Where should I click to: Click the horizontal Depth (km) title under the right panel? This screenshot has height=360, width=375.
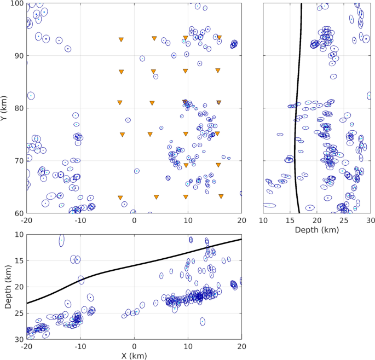(x=317, y=230)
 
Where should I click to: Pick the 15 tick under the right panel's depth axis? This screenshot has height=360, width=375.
(x=290, y=220)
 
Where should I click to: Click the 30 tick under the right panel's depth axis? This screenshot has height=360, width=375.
(x=371, y=220)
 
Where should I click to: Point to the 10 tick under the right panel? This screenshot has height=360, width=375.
(x=264, y=220)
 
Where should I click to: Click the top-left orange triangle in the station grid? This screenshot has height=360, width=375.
(x=121, y=39)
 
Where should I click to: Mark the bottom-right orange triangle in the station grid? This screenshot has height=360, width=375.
(x=221, y=196)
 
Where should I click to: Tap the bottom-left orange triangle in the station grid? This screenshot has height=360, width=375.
(x=120, y=198)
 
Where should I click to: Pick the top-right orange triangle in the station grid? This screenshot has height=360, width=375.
(x=219, y=38)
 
